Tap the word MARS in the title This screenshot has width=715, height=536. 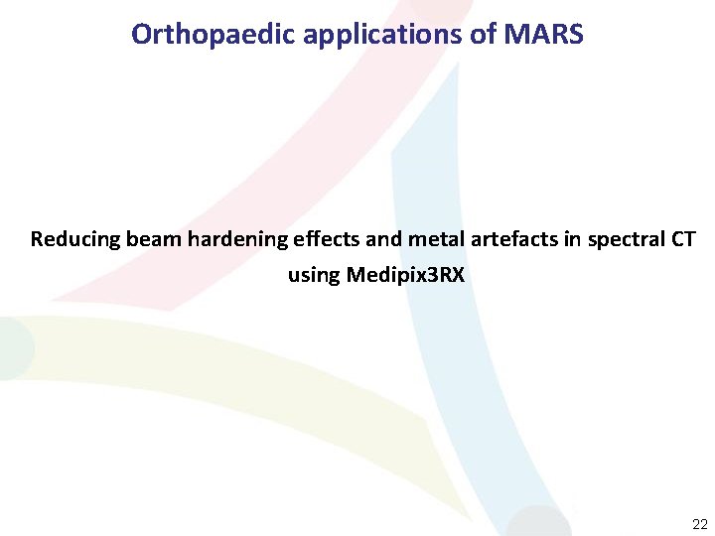545,35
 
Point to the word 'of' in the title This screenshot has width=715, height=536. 485,35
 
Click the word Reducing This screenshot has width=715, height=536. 74,239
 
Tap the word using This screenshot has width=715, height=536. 314,275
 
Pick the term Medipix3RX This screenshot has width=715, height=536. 405,275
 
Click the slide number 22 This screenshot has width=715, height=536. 699,523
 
